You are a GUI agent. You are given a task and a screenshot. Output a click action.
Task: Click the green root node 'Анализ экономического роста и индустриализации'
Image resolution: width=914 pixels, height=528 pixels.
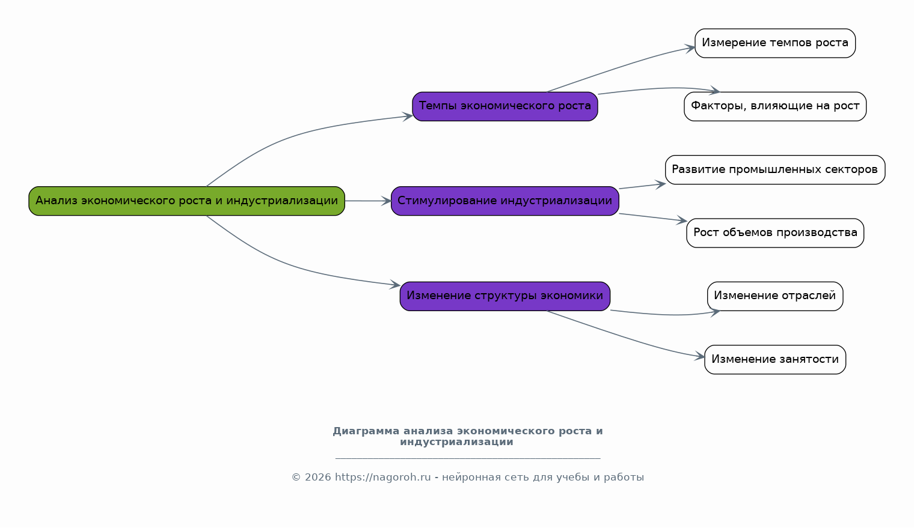186,201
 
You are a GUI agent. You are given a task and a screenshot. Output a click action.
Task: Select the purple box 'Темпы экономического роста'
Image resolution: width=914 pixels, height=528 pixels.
505,106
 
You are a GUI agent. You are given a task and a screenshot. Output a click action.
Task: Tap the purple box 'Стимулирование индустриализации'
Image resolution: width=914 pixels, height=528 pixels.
505,201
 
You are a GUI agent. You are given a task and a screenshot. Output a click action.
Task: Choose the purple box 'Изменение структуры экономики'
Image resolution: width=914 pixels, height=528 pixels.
505,296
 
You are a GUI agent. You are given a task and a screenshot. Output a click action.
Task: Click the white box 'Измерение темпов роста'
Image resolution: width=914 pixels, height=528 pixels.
775,43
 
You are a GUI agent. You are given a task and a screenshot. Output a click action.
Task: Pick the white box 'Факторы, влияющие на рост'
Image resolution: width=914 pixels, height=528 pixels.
775,106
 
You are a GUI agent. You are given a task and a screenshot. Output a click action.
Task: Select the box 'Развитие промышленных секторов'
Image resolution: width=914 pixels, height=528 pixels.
775,169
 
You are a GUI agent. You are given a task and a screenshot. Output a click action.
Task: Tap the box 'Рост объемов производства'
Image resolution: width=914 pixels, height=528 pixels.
775,233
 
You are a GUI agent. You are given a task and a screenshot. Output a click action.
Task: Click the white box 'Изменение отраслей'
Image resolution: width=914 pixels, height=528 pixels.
775,296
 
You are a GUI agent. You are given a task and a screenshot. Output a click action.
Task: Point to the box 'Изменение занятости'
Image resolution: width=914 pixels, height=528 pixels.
775,359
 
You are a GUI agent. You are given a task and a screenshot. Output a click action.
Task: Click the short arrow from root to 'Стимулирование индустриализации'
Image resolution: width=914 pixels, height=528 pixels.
368,201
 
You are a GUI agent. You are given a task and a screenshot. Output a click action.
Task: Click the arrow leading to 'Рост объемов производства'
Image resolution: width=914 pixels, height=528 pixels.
653,217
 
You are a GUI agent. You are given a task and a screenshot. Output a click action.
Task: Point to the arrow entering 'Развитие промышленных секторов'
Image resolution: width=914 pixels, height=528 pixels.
642,186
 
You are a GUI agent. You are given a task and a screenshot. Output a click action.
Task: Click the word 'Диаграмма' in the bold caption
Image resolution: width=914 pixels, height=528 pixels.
366,431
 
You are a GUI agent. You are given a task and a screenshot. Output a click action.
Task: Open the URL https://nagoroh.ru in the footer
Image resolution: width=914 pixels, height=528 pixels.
382,477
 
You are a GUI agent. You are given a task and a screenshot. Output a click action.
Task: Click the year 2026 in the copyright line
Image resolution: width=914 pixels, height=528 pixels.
318,477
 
